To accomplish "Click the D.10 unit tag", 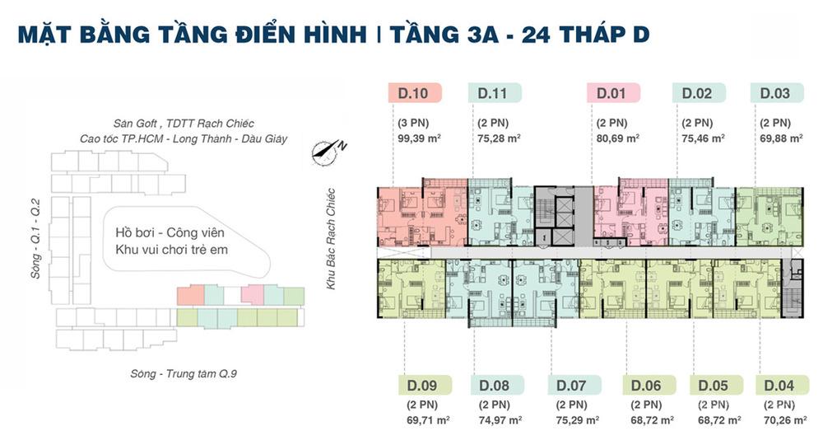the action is [x=415, y=93].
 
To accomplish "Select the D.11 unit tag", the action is [x=495, y=93].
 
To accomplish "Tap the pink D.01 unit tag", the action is [x=613, y=93].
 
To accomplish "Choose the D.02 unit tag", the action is [x=699, y=93].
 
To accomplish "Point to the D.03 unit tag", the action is [x=777, y=93].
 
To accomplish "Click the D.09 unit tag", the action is [x=425, y=385].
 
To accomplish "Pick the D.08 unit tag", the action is [x=497, y=385].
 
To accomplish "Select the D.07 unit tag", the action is [x=574, y=385].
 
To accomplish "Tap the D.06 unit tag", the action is [x=649, y=385].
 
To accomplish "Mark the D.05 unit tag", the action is [x=716, y=385].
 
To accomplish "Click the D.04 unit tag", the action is [x=782, y=385].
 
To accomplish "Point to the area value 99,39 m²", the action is [x=419, y=138].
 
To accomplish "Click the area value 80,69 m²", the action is [x=618, y=138].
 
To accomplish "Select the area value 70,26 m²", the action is [x=785, y=420].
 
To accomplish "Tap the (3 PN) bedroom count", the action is [x=413, y=123].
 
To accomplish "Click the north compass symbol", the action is [x=328, y=152].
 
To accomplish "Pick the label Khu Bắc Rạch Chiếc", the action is [x=330, y=238].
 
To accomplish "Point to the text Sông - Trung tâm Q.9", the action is [x=184, y=373].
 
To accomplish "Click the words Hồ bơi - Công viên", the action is [x=170, y=232].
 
